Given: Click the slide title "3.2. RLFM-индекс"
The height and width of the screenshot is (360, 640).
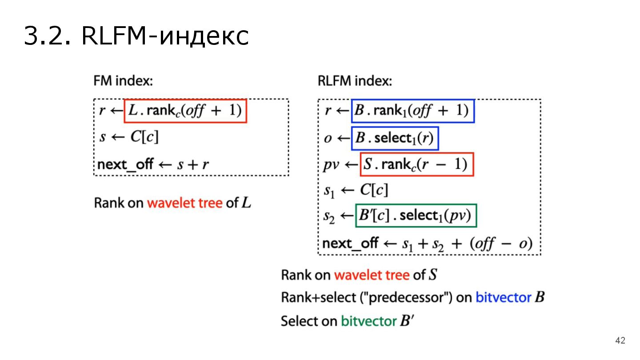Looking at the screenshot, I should coord(136,36).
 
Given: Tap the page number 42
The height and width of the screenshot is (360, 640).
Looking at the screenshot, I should coord(620,341).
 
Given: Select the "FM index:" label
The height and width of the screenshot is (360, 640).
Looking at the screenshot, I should coord(123,81).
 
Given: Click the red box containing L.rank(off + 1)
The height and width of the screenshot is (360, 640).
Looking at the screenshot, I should coord(185,111).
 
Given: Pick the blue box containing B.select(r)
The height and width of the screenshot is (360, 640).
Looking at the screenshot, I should coord(395,138).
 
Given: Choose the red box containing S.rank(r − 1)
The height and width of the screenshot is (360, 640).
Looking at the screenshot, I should coord(416,164).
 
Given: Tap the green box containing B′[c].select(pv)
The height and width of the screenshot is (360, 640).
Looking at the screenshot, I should coord(416,216).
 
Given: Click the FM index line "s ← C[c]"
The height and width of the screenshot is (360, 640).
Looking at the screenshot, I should coord(129,137).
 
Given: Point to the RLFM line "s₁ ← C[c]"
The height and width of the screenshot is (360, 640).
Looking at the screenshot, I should coord(356,190).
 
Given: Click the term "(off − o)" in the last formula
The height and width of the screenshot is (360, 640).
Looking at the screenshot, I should coord(501,244).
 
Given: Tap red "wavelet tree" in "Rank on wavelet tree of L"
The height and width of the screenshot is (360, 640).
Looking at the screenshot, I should coord(184,204).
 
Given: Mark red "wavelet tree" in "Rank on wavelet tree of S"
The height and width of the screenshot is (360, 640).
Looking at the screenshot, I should coord(372,275).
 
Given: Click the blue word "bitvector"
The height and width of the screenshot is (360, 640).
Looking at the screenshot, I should coord(504,297).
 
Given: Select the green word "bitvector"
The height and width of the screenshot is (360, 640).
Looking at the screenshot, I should coord(368,321).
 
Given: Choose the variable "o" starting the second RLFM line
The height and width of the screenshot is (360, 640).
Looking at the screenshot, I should coord(328,139).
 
